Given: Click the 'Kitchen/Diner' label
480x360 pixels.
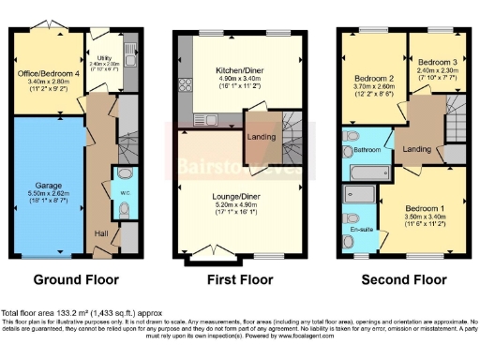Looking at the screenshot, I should coord(238,70).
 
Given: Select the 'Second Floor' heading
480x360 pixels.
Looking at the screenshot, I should coord(403,279).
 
